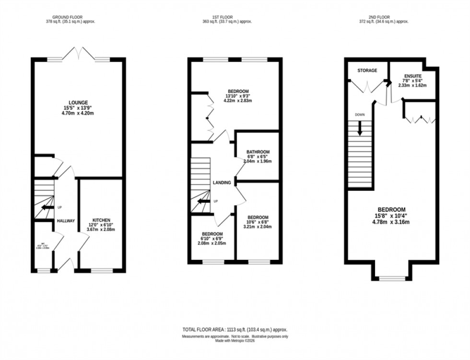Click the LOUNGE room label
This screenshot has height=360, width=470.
click(x=78, y=102)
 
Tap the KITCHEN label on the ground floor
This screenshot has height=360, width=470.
click(x=101, y=221)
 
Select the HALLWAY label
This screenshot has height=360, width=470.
click(x=66, y=221)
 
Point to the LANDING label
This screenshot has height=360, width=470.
click(x=222, y=183)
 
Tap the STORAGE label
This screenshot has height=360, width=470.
click(x=367, y=70)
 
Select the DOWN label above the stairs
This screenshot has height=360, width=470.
click(x=360, y=115)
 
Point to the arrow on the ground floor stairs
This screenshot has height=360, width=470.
click(x=47, y=208)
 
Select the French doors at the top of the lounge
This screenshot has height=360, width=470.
click(x=78, y=53)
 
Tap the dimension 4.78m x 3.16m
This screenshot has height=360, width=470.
click(x=392, y=222)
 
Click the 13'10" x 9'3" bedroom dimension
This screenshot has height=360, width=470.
click(x=238, y=96)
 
